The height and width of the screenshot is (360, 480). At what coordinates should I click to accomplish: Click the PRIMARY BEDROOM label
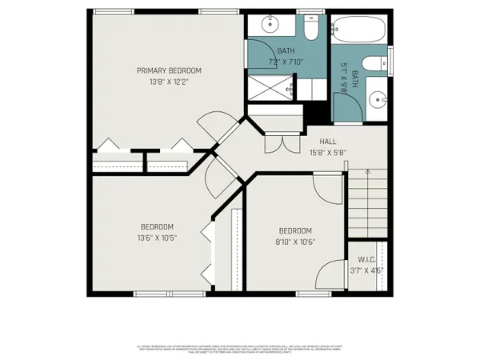tap(168, 70)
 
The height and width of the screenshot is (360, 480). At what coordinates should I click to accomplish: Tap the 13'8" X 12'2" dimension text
tap(168, 82)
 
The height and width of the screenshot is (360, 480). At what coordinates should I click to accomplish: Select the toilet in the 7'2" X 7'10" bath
tap(310, 29)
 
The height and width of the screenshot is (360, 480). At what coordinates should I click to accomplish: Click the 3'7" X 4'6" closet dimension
tap(366, 270)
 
